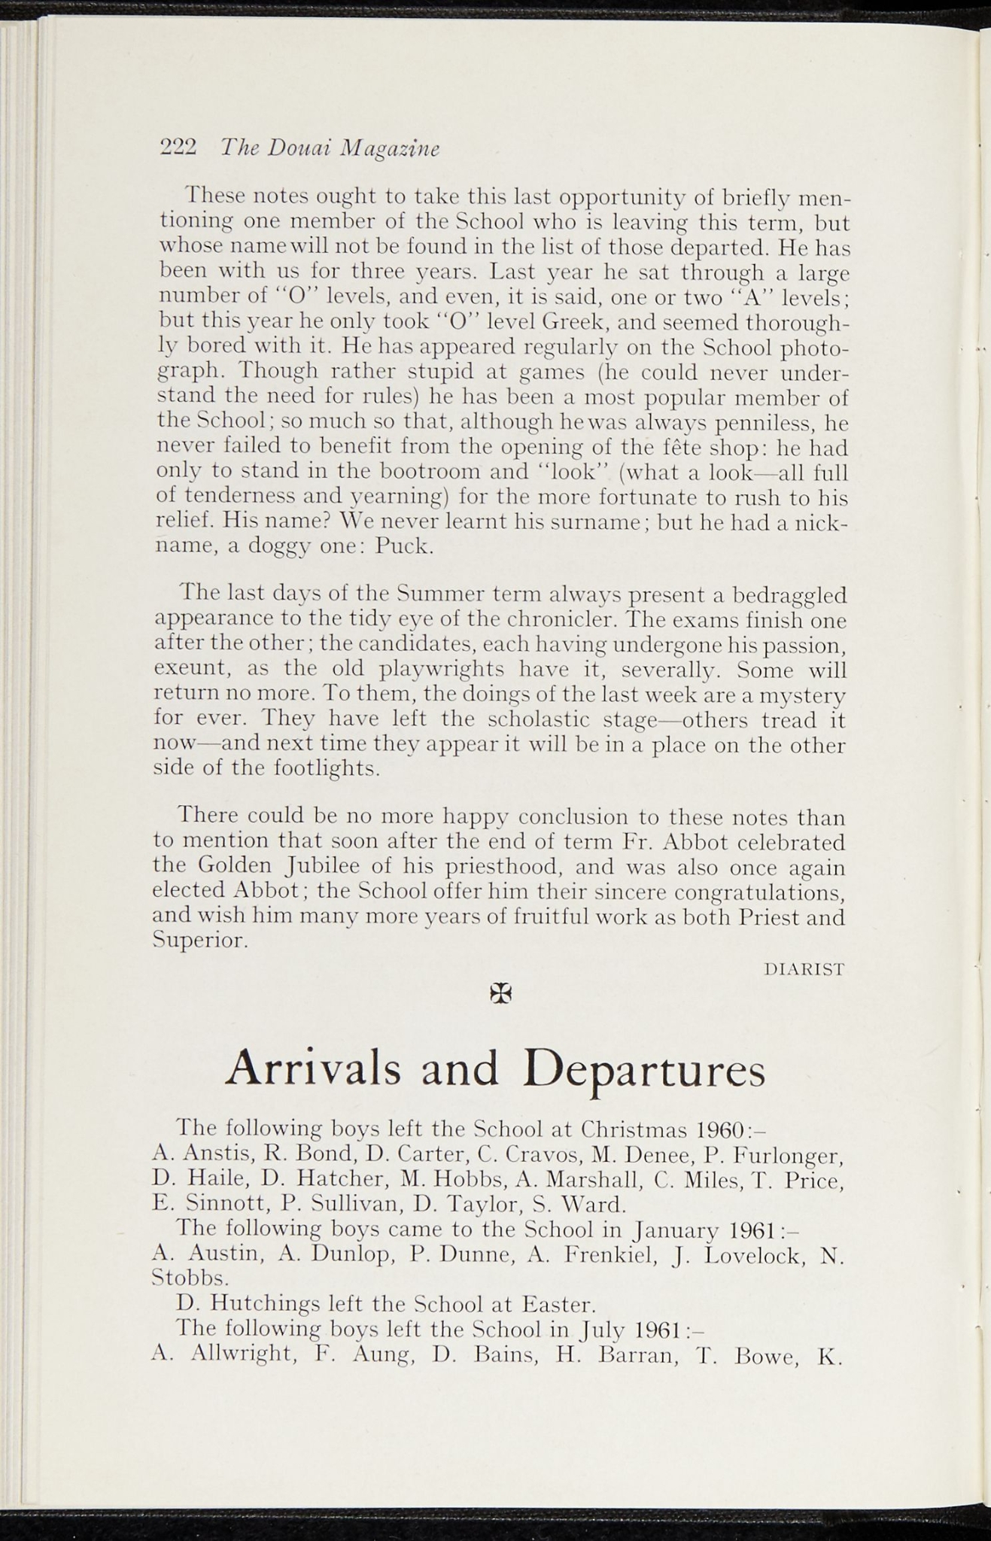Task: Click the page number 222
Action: point(178,147)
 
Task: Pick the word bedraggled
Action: point(790,597)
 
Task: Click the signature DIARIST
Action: point(804,970)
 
